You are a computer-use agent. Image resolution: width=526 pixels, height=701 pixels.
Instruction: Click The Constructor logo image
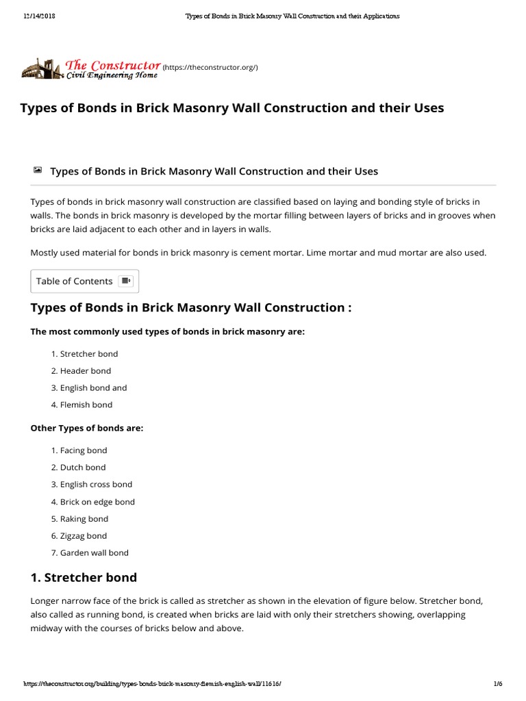(x=90, y=68)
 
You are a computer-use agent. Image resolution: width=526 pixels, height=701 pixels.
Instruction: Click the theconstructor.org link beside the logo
(x=210, y=67)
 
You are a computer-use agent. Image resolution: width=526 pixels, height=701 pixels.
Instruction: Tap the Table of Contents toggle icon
(x=125, y=281)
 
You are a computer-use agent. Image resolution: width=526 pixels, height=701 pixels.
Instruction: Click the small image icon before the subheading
(x=37, y=169)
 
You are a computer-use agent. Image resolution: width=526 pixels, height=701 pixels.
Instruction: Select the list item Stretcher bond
(x=88, y=354)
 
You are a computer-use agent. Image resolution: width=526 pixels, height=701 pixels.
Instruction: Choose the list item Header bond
(x=85, y=370)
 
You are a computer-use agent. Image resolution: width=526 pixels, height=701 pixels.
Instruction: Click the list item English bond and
(x=93, y=387)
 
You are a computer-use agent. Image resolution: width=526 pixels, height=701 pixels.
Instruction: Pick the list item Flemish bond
(x=86, y=405)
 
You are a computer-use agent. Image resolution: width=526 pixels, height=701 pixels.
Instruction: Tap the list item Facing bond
(x=84, y=450)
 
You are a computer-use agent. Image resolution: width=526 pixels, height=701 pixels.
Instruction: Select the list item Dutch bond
(x=82, y=467)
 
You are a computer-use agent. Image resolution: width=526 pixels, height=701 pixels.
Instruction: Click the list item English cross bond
(x=96, y=484)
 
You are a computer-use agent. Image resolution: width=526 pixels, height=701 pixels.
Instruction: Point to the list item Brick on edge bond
(x=97, y=502)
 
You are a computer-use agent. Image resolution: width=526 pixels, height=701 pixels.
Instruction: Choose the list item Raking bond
(x=84, y=519)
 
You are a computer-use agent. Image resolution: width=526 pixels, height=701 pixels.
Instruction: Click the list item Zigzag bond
(x=84, y=536)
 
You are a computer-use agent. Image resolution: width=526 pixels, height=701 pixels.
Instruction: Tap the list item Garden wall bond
(x=94, y=552)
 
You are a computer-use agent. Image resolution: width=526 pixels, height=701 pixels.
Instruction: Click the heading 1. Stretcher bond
(x=84, y=577)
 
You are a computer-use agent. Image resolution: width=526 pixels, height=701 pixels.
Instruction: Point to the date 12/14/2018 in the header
(x=38, y=16)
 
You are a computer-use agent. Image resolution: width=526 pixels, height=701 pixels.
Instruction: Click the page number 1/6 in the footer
(x=497, y=684)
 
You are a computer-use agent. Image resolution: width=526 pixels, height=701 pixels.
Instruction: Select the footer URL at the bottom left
(x=152, y=684)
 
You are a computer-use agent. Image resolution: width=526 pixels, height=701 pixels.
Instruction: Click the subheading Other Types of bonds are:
(x=87, y=428)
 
